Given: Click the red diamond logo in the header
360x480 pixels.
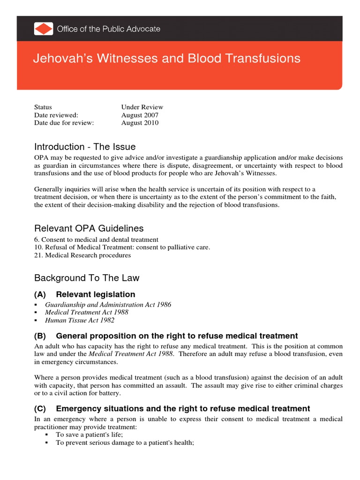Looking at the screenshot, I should click(x=44, y=29).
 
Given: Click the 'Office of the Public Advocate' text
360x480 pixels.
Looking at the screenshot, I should click(x=108, y=29).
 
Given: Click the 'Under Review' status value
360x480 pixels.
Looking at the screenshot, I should click(x=142, y=107).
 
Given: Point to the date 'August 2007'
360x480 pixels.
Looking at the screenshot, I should click(x=140, y=115).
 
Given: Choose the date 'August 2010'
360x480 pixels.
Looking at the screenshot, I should click(x=140, y=123).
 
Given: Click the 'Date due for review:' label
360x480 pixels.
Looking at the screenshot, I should click(x=64, y=123).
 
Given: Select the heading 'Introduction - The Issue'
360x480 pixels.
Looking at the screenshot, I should click(x=85, y=147).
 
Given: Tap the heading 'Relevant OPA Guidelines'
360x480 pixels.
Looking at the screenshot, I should click(x=89, y=229).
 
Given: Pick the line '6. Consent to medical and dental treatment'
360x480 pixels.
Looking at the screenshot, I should click(x=96, y=240).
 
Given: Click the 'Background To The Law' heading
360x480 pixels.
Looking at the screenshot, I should click(x=87, y=278).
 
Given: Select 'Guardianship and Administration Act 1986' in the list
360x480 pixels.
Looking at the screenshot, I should click(x=108, y=305).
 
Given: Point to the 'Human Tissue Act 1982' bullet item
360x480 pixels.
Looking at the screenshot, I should click(x=80, y=321).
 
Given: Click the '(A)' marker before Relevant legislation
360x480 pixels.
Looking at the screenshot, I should click(x=41, y=294).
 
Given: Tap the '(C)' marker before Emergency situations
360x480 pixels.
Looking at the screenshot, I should click(x=41, y=409).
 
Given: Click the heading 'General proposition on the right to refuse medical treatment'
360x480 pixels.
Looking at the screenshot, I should click(x=177, y=336).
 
